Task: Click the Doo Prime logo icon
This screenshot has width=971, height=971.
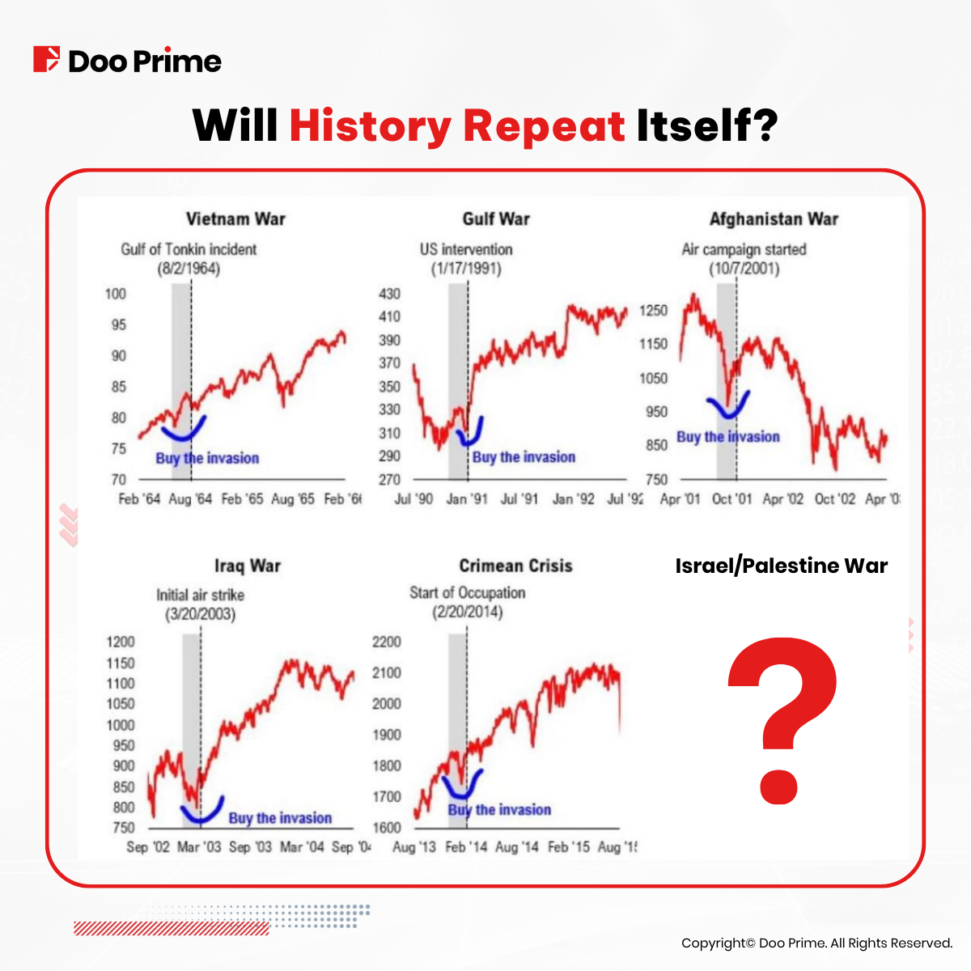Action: pyautogui.click(x=46, y=60)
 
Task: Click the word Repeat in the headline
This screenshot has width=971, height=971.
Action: pyautogui.click(x=543, y=126)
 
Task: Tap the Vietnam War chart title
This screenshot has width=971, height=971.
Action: pyautogui.click(x=235, y=219)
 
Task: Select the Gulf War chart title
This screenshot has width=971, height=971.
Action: pyautogui.click(x=495, y=219)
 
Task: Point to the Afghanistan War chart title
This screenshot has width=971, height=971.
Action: pyautogui.click(x=774, y=219)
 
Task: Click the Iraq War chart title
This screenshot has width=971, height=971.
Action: pyautogui.click(x=248, y=566)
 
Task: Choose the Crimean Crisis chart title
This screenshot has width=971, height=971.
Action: pyautogui.click(x=515, y=566)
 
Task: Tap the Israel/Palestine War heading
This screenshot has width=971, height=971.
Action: pyautogui.click(x=781, y=566)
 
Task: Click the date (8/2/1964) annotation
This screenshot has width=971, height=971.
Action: pyautogui.click(x=189, y=269)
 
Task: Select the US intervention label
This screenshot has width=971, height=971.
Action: pyautogui.click(x=466, y=249)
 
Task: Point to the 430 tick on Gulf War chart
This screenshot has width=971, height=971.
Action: pyautogui.click(x=389, y=294)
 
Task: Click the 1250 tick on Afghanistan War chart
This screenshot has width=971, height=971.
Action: pyautogui.click(x=653, y=311)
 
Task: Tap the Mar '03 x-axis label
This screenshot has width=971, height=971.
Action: pyautogui.click(x=199, y=846)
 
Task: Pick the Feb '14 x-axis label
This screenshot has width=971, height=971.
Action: pyautogui.click(x=466, y=846)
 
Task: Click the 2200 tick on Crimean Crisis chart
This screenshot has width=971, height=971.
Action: pyautogui.click(x=387, y=642)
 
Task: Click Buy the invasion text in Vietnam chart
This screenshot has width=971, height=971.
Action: pyautogui.click(x=207, y=458)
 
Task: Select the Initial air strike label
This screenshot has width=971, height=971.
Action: pyautogui.click(x=201, y=595)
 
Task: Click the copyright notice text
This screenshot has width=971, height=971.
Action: pyautogui.click(x=816, y=943)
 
